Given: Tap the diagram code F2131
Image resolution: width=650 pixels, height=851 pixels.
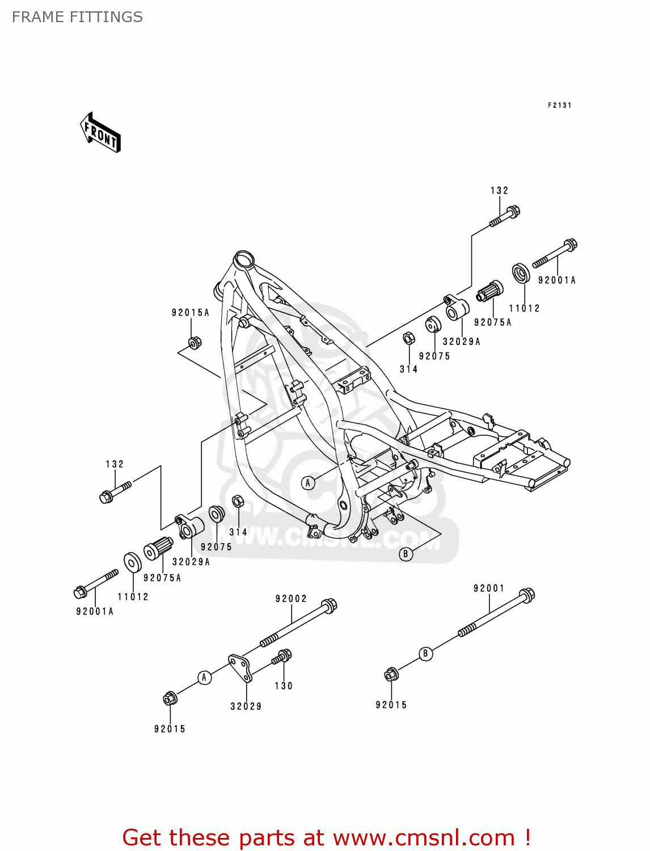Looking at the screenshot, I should (559, 106).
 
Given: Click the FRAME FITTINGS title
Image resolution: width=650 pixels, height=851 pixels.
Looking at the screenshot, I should (77, 17).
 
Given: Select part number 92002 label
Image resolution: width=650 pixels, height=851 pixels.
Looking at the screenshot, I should (291, 599).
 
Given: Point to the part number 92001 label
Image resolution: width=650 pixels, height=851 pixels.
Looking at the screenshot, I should (489, 588).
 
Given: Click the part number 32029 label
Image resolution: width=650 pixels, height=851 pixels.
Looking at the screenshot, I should (246, 706).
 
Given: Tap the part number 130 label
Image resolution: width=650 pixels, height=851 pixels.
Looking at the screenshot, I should (284, 686).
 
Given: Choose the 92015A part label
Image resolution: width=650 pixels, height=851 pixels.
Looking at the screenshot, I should (191, 313).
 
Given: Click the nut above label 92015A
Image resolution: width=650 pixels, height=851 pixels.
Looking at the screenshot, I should (194, 343).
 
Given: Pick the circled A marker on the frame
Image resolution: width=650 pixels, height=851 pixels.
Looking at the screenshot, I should (308, 483).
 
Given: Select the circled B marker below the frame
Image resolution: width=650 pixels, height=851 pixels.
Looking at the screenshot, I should (406, 554).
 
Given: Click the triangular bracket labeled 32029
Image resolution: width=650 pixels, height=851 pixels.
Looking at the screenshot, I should (240, 667).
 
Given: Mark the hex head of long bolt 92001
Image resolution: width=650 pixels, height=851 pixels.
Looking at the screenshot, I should (527, 595).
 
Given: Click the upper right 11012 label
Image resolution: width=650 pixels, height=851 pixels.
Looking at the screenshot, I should (524, 309).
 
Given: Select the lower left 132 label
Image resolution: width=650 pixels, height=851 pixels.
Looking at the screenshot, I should (115, 464).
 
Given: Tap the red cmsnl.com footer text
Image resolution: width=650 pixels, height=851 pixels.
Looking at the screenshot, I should (326, 837).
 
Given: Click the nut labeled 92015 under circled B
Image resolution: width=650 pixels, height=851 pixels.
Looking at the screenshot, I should (391, 675).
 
